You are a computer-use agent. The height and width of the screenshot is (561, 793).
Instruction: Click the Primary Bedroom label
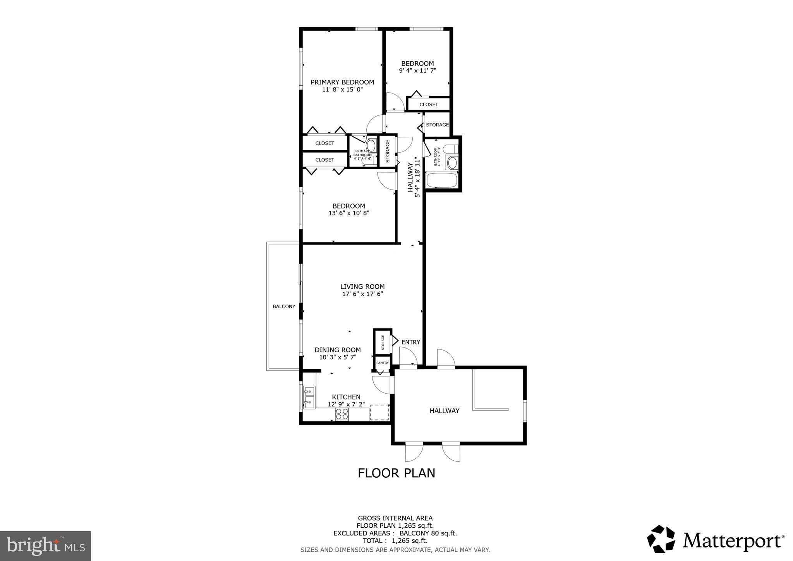342,82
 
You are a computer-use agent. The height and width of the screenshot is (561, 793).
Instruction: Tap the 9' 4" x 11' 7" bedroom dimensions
417,71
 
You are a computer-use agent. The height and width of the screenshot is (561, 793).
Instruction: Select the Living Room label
362,287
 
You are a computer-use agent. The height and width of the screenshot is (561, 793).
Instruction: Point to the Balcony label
284,306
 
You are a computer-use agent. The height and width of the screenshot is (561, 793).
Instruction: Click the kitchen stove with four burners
342,414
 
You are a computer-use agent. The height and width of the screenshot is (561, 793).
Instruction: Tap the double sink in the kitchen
309,397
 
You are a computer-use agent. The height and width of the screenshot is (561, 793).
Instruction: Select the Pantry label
383,363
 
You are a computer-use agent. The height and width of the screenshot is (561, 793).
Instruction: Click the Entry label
410,342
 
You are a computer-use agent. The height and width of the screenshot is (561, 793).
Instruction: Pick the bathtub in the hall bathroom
442,181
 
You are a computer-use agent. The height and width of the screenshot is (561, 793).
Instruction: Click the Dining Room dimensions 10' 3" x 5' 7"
338,357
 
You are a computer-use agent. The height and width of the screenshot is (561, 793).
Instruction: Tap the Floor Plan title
396,473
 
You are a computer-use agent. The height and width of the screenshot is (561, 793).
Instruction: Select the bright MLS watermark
45,546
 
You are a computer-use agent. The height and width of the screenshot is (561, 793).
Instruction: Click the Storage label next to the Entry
383,342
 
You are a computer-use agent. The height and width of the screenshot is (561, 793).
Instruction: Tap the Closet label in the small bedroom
429,105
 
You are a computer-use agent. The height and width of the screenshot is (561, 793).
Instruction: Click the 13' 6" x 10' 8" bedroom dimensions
348,213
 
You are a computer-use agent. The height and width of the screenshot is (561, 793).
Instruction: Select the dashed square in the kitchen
379,412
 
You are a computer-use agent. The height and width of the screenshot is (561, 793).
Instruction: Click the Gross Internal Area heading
395,518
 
